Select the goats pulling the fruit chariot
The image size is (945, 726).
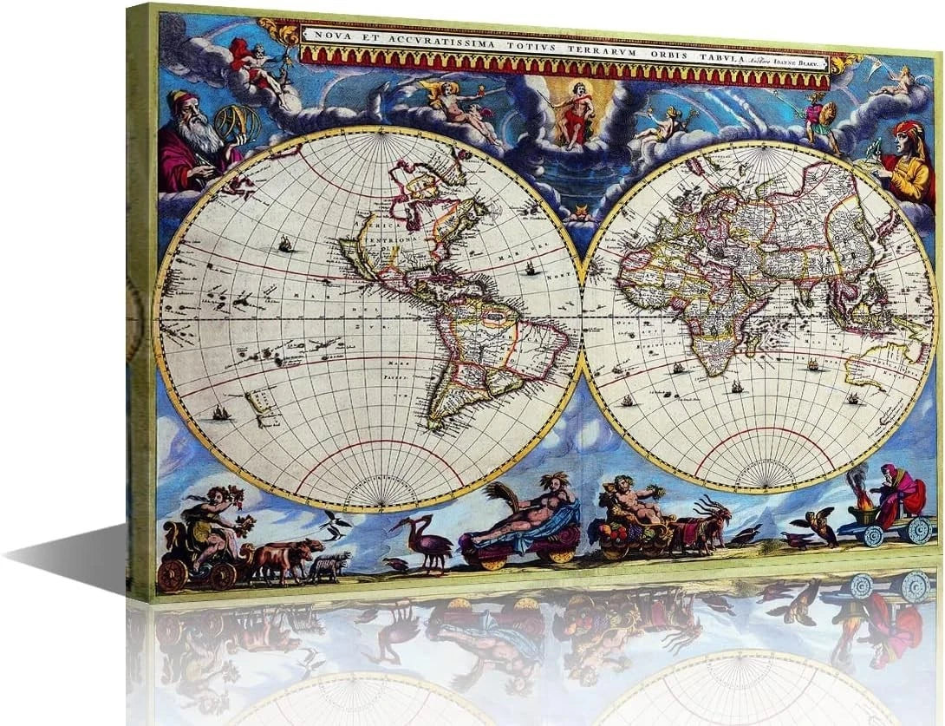702,525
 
